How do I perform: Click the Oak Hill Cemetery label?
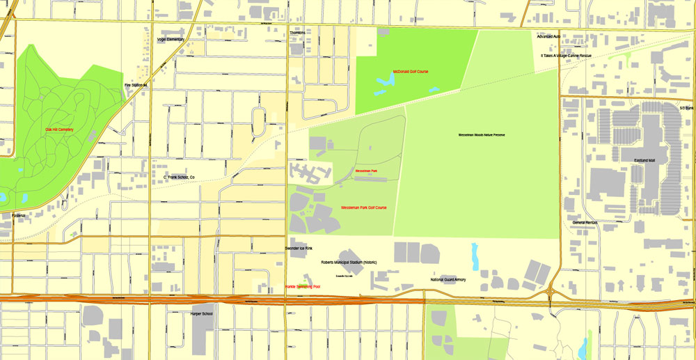(x=59, y=130)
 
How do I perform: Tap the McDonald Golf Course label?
(x=411, y=71)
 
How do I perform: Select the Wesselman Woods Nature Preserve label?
(x=481, y=134)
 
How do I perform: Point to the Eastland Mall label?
(x=644, y=160)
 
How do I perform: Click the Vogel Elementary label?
(x=151, y=40)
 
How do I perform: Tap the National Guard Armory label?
(x=448, y=279)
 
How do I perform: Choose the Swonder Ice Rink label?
(x=299, y=248)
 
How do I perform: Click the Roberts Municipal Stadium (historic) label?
(x=349, y=263)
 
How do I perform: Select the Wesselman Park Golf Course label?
(x=363, y=208)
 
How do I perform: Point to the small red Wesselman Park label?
(x=366, y=171)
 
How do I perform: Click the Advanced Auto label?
(x=548, y=36)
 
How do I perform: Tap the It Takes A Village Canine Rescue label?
(x=566, y=55)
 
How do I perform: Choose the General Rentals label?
(x=585, y=223)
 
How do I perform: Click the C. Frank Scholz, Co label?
(x=179, y=178)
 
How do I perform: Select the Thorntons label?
(x=297, y=33)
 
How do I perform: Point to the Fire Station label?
(x=137, y=85)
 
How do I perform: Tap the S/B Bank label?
(x=687, y=108)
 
